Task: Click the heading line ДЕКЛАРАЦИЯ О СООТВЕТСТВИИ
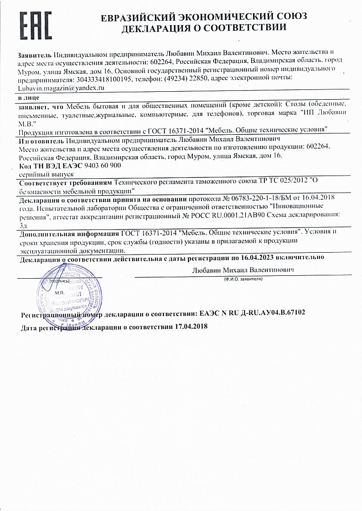coord(204,28)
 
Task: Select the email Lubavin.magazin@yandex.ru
coord(61,88)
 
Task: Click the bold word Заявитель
coord(35,53)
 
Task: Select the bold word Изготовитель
coord(41,141)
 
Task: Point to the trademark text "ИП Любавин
coord(324,114)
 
